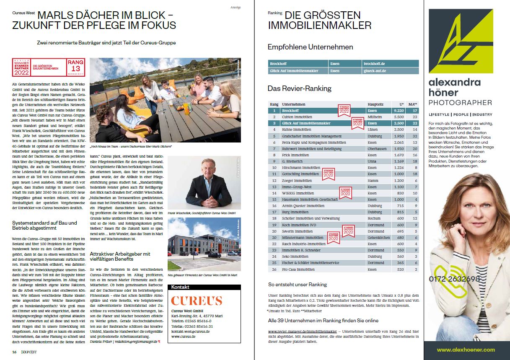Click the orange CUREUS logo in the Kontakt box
point(196,300)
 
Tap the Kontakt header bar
point(204,287)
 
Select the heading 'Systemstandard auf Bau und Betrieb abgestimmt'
point(44,225)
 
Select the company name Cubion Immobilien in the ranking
point(297,117)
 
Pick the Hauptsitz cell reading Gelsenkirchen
point(379,237)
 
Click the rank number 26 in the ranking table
point(274,269)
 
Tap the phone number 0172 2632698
point(454,279)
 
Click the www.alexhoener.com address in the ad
point(466,350)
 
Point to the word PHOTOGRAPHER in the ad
point(460,103)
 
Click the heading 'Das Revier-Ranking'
point(299,88)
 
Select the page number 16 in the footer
point(14,352)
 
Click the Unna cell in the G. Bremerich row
point(372,161)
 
